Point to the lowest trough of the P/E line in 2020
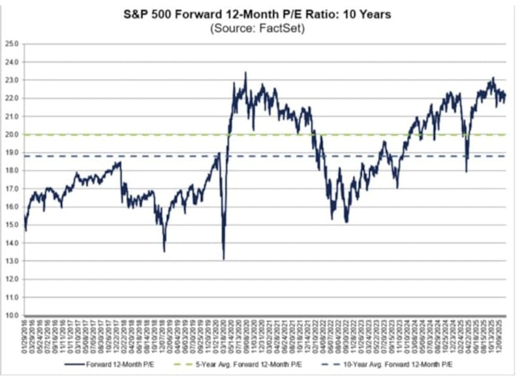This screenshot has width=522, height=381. coord(224,259)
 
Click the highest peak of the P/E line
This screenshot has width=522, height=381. coord(245,73)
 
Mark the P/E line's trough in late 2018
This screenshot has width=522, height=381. coord(164,251)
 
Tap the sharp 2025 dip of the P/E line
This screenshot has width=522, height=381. coord(466,172)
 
